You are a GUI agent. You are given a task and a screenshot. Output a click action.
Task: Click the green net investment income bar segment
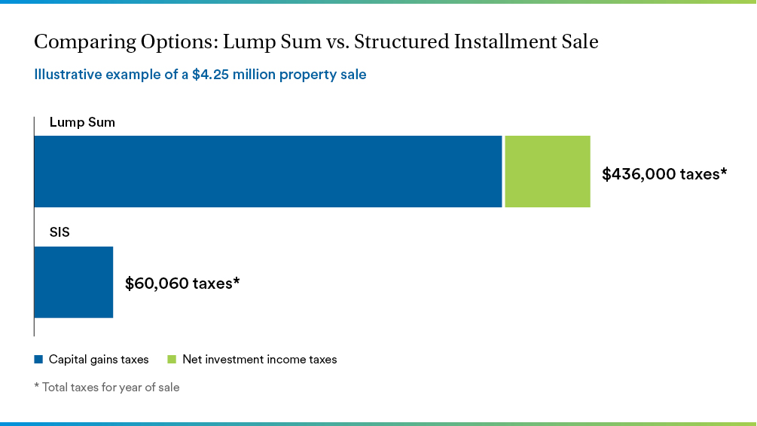click(x=547, y=171)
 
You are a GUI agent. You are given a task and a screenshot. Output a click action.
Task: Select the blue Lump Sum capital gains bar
click(x=267, y=171)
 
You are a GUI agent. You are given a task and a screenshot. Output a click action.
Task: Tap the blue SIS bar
click(x=74, y=282)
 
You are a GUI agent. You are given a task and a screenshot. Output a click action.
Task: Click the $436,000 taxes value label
click(x=664, y=174)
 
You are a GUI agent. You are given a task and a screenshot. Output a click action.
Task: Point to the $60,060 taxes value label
click(x=182, y=283)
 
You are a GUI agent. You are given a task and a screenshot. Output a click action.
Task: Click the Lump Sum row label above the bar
click(x=82, y=122)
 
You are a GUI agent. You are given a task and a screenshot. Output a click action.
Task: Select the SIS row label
click(x=60, y=232)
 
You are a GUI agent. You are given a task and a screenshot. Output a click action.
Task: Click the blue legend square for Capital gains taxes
click(x=38, y=360)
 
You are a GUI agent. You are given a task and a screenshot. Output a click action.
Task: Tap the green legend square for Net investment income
click(x=172, y=360)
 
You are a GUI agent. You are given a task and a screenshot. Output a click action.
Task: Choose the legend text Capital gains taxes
click(x=99, y=360)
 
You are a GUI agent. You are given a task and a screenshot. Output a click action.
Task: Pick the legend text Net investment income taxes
click(x=260, y=360)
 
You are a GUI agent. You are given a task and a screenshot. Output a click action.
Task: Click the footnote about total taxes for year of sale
click(x=106, y=388)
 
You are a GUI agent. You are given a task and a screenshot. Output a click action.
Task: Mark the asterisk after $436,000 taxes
click(x=723, y=172)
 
